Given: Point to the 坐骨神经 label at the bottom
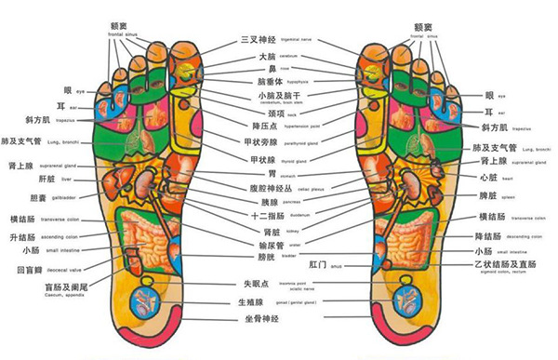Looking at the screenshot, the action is pyautogui.click(x=258, y=319).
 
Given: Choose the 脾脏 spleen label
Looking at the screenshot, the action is pyautogui.click(x=486, y=196).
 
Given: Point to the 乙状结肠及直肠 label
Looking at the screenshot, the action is pyautogui.click(x=501, y=265).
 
